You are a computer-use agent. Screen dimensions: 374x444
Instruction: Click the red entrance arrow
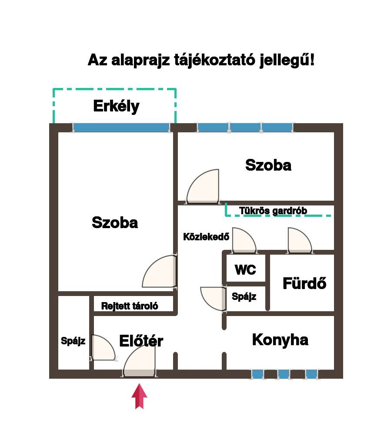[x=139, y=396]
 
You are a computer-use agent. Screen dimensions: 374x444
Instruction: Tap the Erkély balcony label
[x=116, y=106]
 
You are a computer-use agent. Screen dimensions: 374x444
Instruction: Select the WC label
[x=245, y=269]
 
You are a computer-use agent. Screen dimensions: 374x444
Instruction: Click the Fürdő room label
[x=304, y=283]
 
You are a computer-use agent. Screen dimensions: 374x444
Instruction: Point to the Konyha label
[x=280, y=340]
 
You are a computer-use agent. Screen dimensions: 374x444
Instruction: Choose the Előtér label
[x=141, y=341]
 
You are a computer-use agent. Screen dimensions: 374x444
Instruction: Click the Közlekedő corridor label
[x=206, y=237]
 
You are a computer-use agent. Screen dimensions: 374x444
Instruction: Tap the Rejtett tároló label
[x=130, y=306]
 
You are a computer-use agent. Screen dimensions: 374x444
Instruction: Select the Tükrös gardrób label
[x=273, y=211]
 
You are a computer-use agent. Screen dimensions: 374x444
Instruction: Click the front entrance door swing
[x=139, y=362]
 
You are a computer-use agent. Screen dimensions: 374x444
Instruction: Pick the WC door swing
[x=244, y=240]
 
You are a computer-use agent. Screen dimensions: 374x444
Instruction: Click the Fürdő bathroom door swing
[x=300, y=240]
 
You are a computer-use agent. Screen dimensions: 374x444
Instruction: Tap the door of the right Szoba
[x=203, y=186]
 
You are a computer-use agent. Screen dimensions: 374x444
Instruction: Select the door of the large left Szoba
[x=160, y=272]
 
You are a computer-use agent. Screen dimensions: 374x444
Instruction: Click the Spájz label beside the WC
[x=244, y=296]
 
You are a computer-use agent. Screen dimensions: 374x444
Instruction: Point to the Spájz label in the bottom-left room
[x=73, y=341]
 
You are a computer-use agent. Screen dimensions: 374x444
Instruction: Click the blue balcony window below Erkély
[x=122, y=128]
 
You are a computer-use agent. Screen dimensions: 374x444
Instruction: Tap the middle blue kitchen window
[x=283, y=374]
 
